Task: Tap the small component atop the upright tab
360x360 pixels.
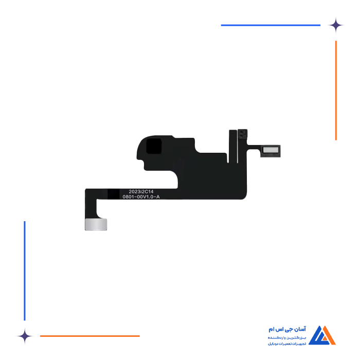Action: click(x=242, y=135)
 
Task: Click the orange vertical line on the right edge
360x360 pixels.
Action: click(x=335, y=90)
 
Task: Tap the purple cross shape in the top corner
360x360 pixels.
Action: click(x=339, y=25)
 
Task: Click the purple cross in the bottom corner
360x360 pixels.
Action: click(x=24, y=336)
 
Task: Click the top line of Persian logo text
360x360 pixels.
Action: click(x=287, y=329)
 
